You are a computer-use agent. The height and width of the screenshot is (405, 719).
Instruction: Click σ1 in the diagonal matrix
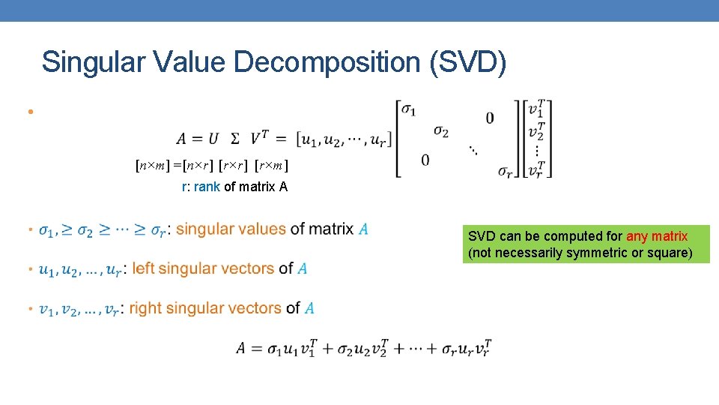tap(409, 109)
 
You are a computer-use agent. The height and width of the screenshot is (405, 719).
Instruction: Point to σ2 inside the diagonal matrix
tap(441, 131)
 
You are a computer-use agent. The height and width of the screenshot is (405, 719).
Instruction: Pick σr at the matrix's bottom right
tap(506, 171)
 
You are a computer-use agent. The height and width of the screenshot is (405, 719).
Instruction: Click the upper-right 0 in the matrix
tap(489, 118)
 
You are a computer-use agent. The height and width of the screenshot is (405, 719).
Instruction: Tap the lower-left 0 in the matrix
tap(425, 160)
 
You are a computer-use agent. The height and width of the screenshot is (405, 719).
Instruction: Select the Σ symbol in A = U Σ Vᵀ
tap(235, 139)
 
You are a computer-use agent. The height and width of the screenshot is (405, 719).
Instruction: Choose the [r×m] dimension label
tap(273, 165)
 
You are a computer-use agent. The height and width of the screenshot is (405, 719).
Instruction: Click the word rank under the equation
tap(207, 187)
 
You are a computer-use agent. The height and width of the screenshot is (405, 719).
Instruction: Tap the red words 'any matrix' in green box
tap(657, 236)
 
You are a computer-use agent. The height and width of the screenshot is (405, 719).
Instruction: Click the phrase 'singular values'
tap(231, 229)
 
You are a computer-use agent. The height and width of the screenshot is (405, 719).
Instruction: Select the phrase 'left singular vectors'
tap(203, 268)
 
